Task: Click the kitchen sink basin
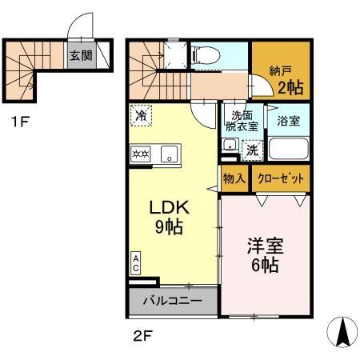point(170,152)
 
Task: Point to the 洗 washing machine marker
point(250,148)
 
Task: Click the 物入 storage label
point(234,178)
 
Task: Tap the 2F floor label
point(141,335)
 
